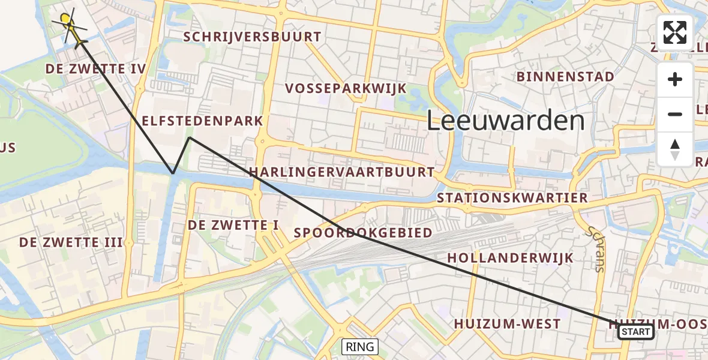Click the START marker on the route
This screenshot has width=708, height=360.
point(635,332)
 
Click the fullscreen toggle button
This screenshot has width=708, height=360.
point(675,32)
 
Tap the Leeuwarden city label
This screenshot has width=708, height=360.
point(505,121)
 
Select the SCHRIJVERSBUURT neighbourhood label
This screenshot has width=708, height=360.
point(252,37)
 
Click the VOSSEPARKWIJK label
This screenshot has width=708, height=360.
point(346,89)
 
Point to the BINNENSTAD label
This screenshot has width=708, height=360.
point(565,77)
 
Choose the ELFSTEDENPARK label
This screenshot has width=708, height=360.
point(202,121)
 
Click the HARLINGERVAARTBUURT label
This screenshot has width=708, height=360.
point(341,172)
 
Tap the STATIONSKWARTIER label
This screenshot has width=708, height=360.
point(512,198)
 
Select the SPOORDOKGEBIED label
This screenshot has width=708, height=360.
point(363,233)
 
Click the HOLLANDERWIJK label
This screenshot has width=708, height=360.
point(510,258)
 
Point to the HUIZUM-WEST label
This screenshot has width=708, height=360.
point(507,324)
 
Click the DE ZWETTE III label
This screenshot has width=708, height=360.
point(71,242)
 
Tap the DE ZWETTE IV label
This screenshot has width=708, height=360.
point(95,69)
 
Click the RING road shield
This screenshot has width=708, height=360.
point(360,346)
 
